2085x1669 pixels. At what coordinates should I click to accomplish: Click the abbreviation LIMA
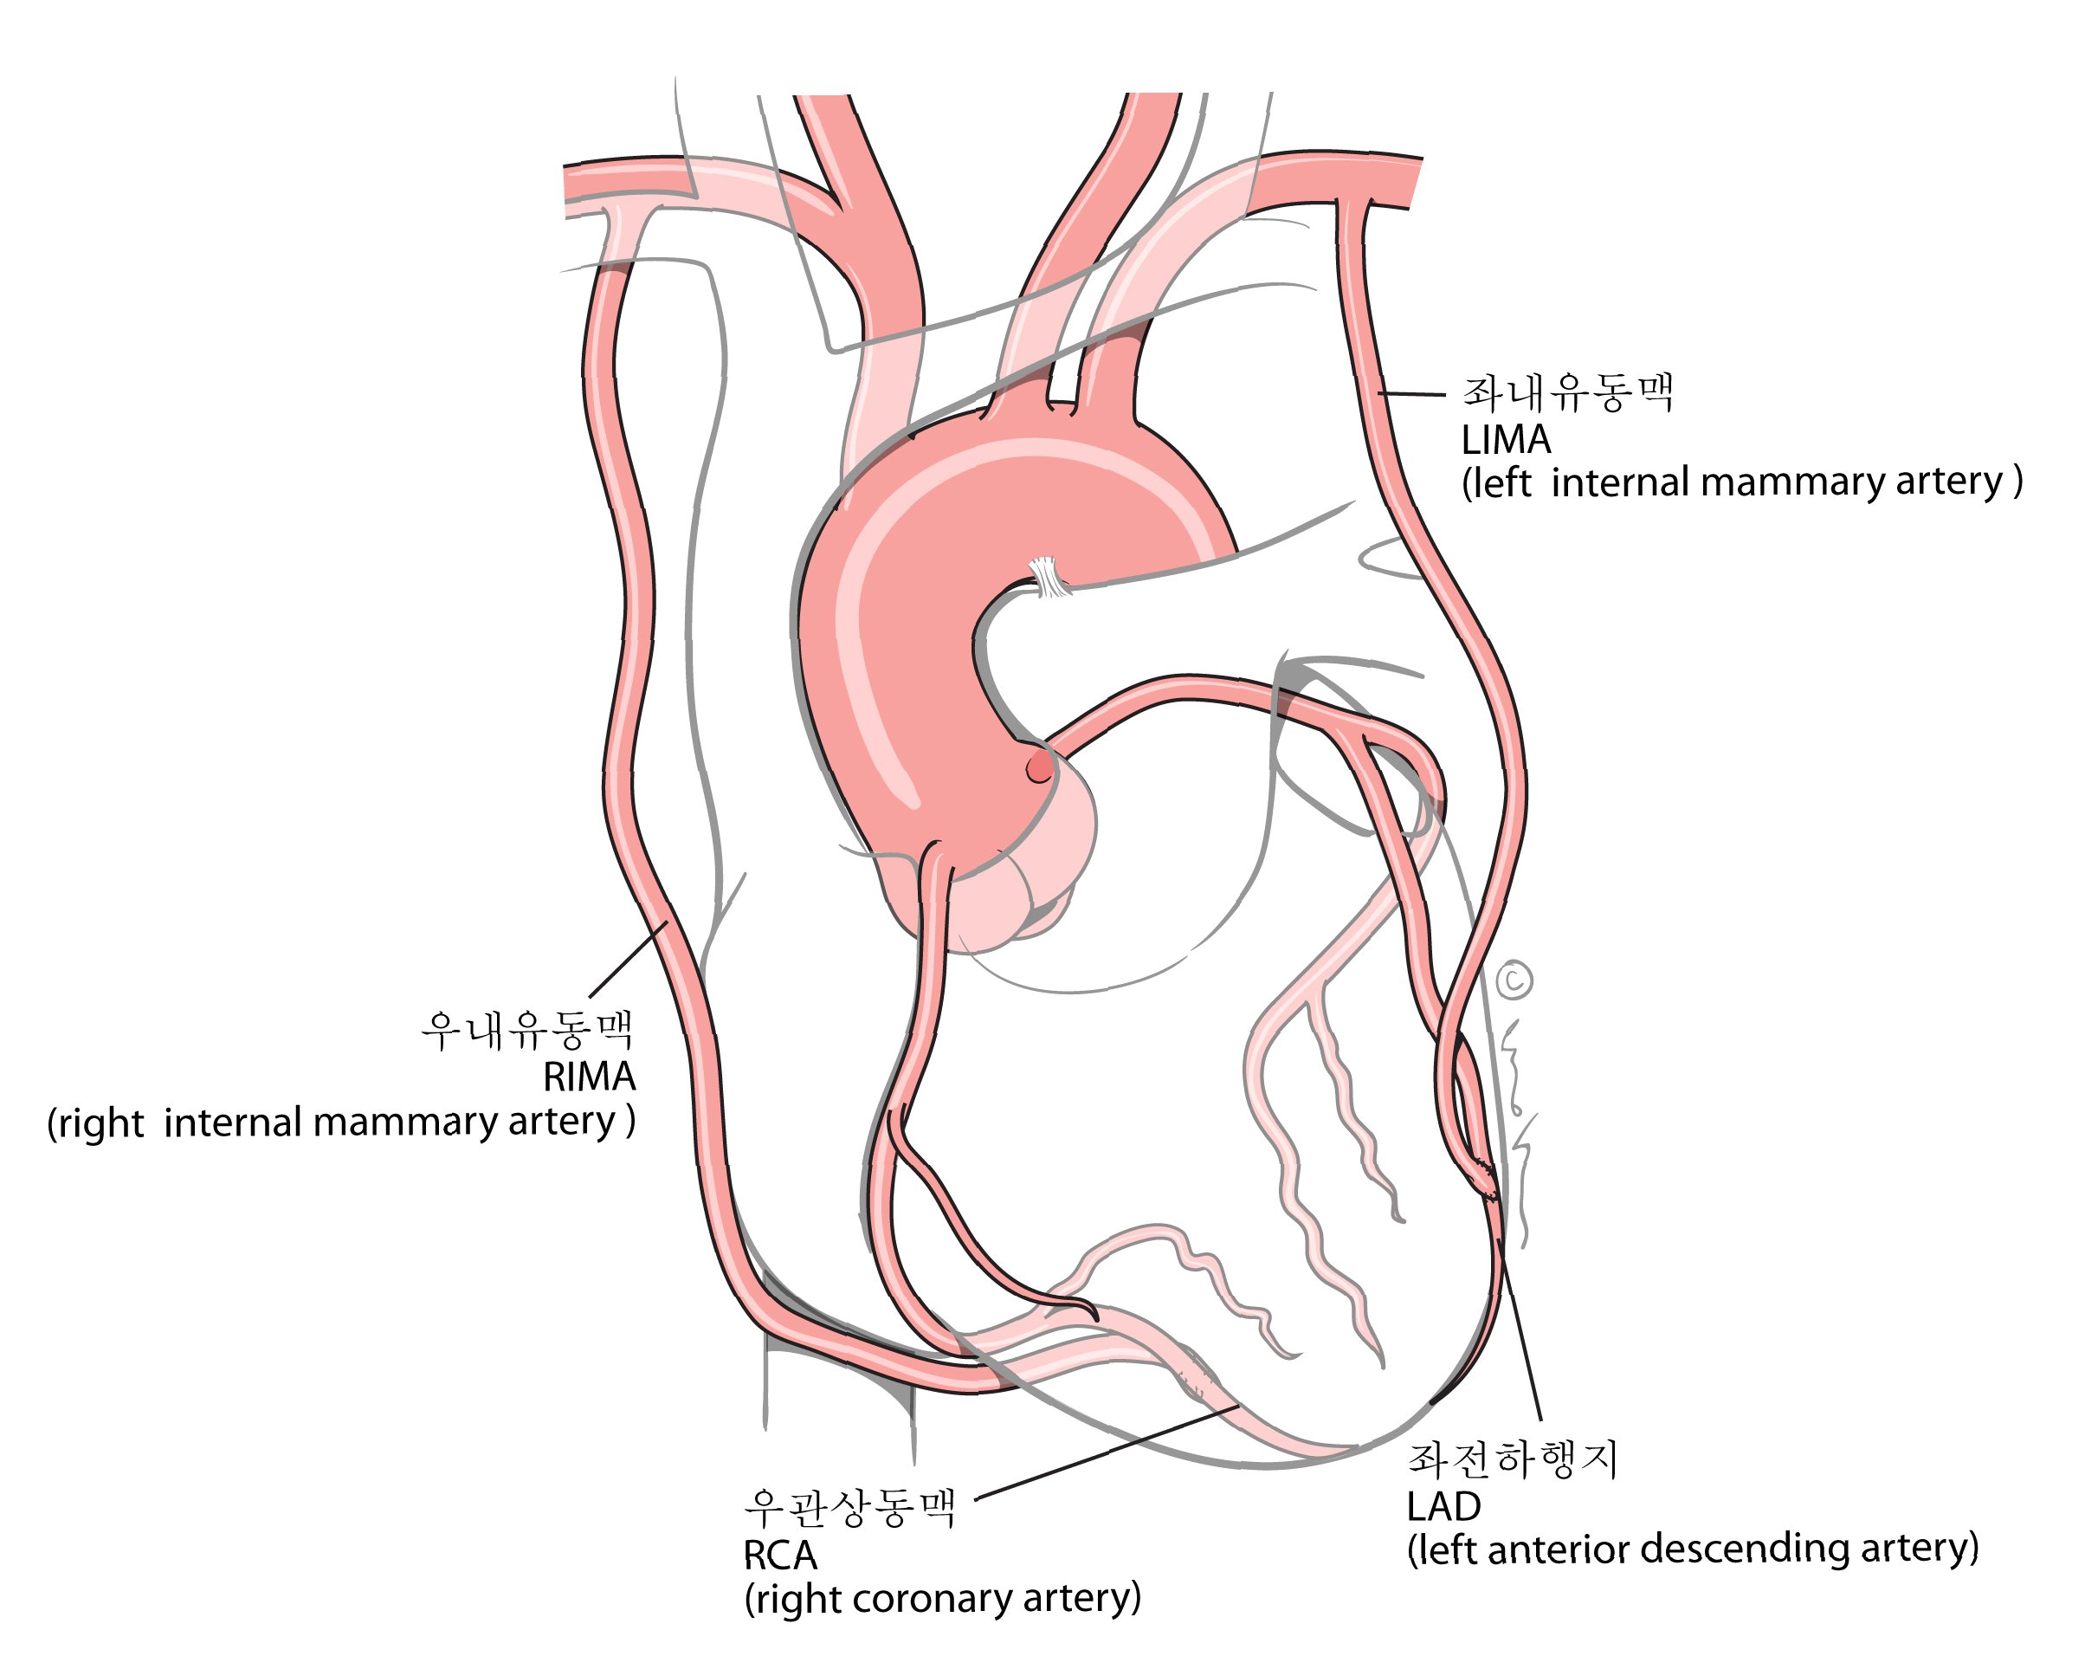point(1505,441)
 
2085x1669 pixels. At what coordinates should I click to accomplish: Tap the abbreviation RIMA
point(588,1076)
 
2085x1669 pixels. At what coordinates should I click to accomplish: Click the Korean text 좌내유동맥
point(1566,393)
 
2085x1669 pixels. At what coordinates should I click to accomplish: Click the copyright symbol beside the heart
point(1514,980)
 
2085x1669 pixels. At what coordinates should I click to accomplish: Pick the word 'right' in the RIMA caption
point(100,1123)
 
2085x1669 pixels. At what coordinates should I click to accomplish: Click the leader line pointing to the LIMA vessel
point(1411,394)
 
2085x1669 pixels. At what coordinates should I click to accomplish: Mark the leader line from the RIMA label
point(627,958)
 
